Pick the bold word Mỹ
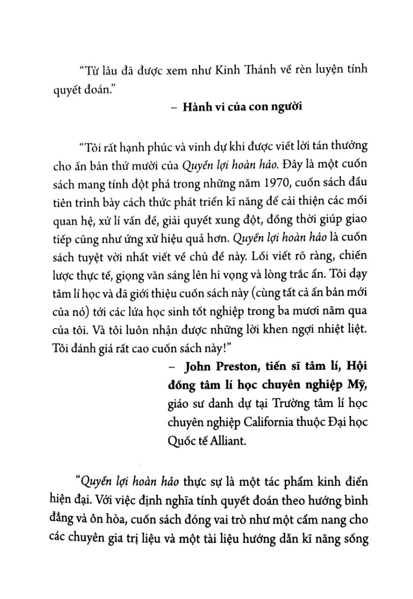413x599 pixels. [x=355, y=384]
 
